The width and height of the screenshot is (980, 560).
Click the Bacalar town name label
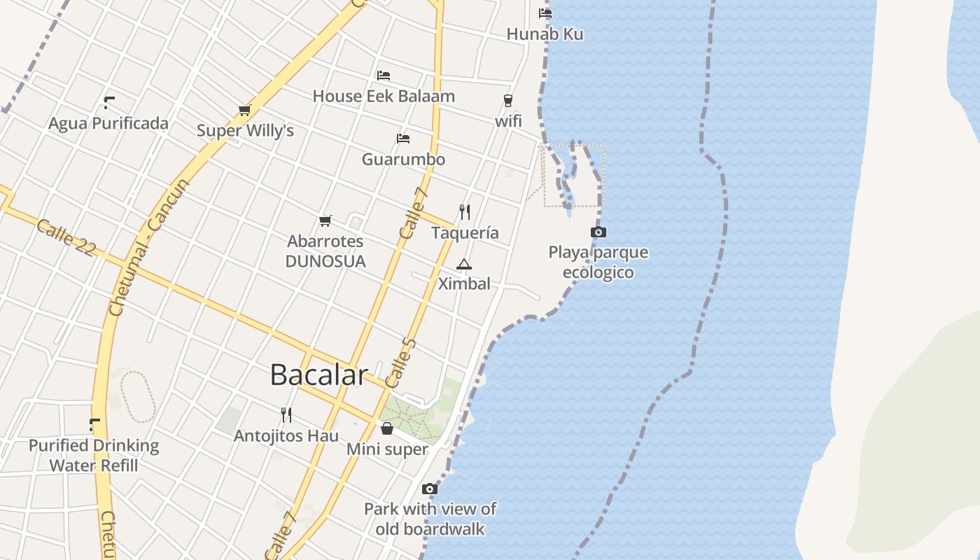tap(318, 375)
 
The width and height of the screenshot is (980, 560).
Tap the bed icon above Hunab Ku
tap(545, 13)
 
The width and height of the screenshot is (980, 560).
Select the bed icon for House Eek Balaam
tap(384, 76)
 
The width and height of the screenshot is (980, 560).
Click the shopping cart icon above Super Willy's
tap(244, 110)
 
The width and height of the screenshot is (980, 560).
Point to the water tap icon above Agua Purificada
tap(108, 103)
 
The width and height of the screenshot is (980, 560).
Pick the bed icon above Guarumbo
tap(403, 139)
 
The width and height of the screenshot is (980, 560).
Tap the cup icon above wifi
tap(508, 101)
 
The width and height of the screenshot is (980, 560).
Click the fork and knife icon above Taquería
tap(464, 211)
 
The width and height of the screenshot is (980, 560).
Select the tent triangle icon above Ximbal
tap(463, 264)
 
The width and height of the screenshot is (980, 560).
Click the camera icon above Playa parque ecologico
tap(598, 232)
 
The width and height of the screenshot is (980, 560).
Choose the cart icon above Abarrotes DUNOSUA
tap(325, 221)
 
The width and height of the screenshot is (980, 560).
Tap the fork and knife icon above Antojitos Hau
tap(286, 415)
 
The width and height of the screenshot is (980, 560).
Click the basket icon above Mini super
tap(387, 428)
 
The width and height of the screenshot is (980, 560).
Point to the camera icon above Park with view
tap(430, 489)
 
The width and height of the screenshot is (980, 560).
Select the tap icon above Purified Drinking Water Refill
tap(94, 424)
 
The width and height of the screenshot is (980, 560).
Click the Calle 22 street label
tap(65, 238)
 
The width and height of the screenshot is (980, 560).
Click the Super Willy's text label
tap(245, 131)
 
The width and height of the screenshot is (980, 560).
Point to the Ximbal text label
tap(464, 283)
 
